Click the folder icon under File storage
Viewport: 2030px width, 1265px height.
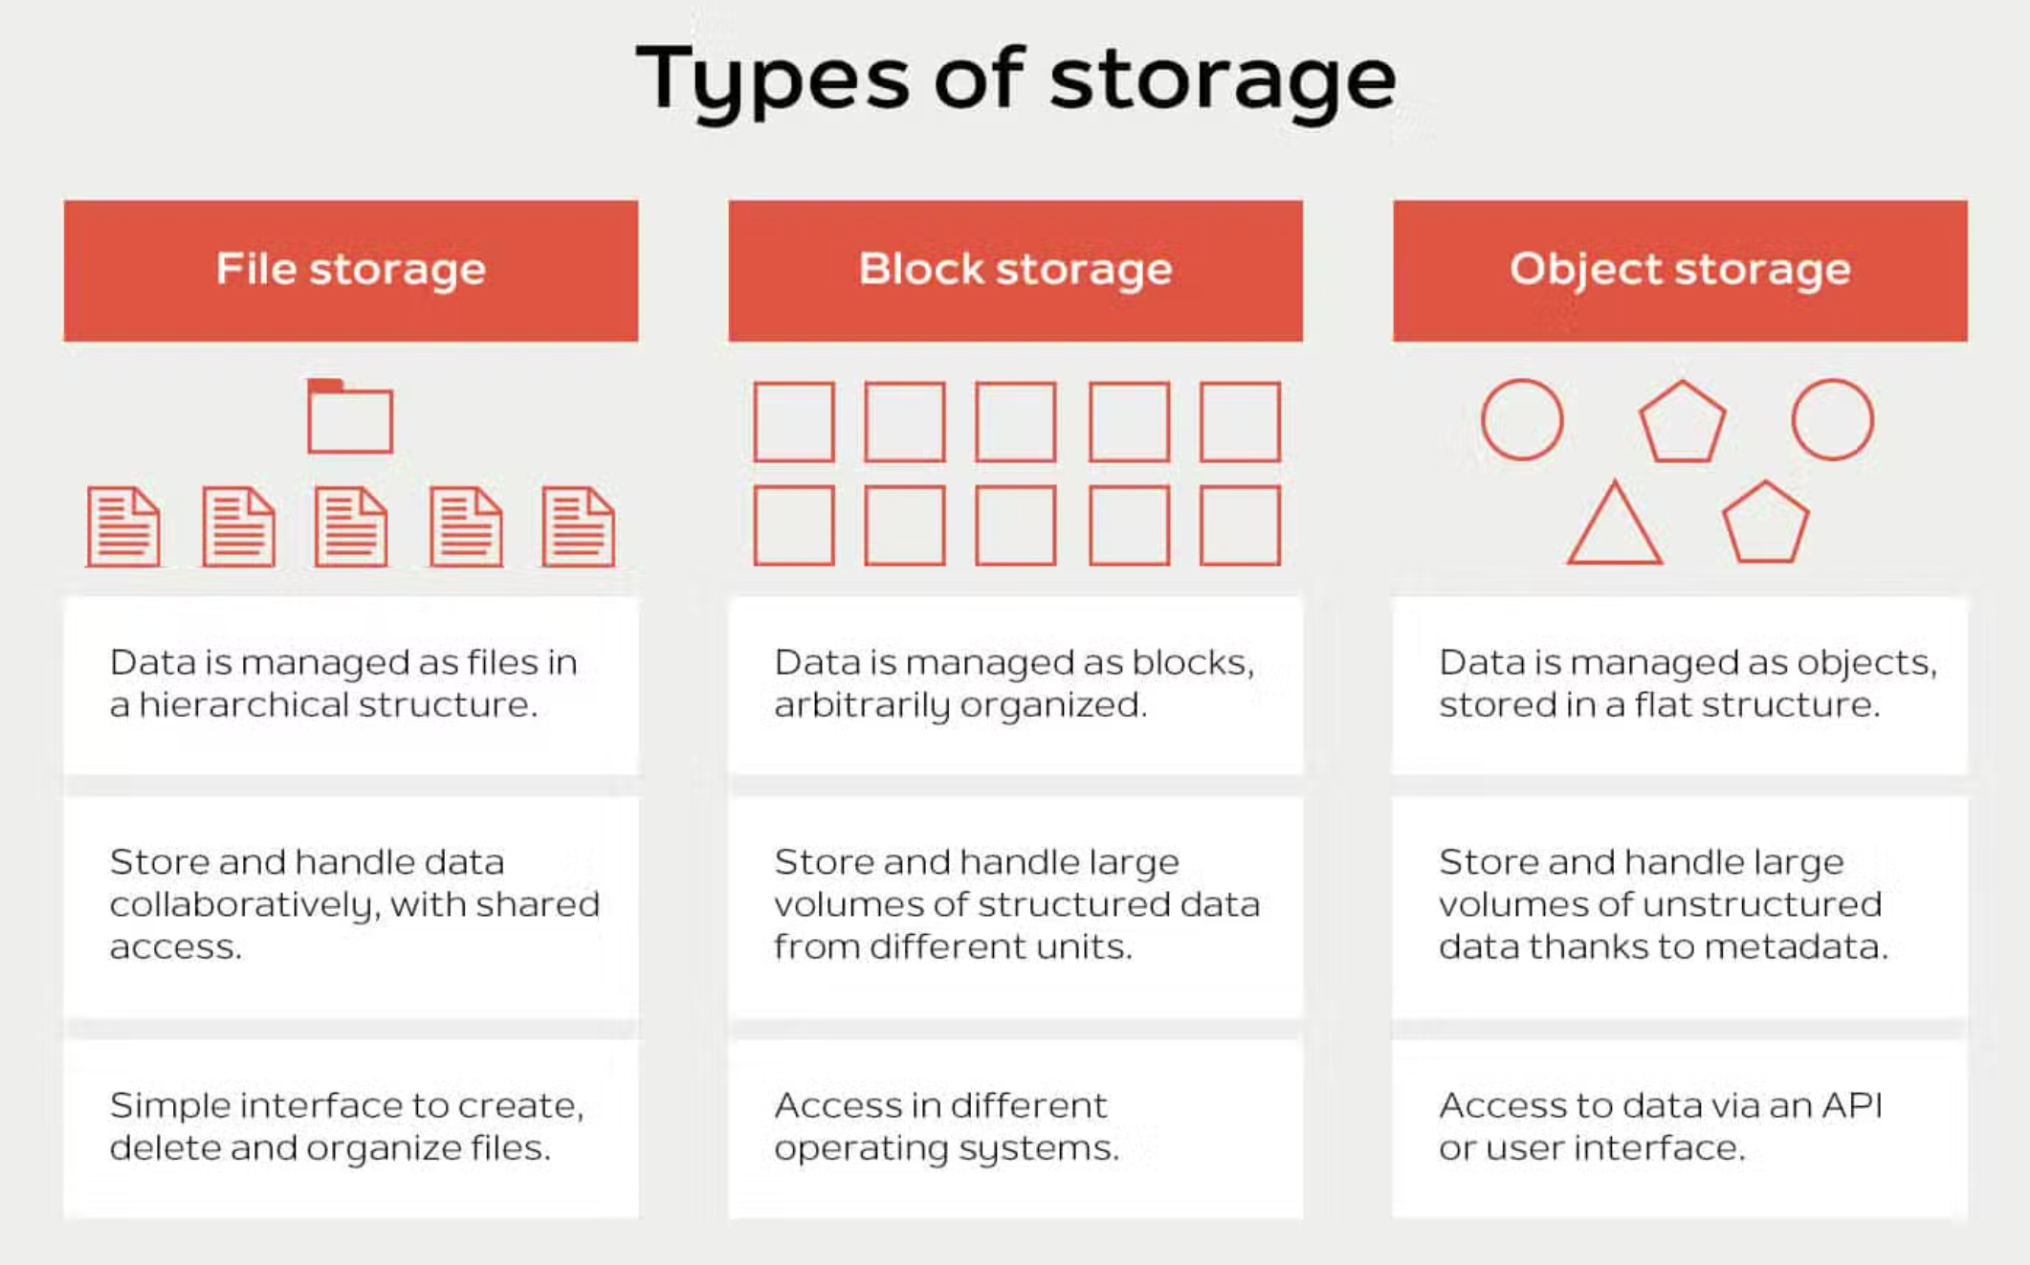pyautogui.click(x=349, y=417)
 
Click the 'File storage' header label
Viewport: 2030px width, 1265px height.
pyautogui.click(x=350, y=269)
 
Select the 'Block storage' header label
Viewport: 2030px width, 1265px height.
pyautogui.click(x=1015, y=269)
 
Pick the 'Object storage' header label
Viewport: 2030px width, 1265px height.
pyautogui.click(x=1679, y=269)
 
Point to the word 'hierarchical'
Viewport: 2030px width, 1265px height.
pyautogui.click(x=243, y=705)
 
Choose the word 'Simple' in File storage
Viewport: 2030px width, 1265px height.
pyautogui.click(x=169, y=1106)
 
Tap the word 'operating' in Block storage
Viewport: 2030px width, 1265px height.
pyautogui.click(x=860, y=1148)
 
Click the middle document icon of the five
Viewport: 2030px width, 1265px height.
pyautogui.click(x=351, y=527)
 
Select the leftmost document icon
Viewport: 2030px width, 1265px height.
pyautogui.click(x=123, y=527)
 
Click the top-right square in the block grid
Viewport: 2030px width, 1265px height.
pyautogui.click(x=1240, y=422)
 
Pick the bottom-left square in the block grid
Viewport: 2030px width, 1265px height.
pyautogui.click(x=793, y=525)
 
